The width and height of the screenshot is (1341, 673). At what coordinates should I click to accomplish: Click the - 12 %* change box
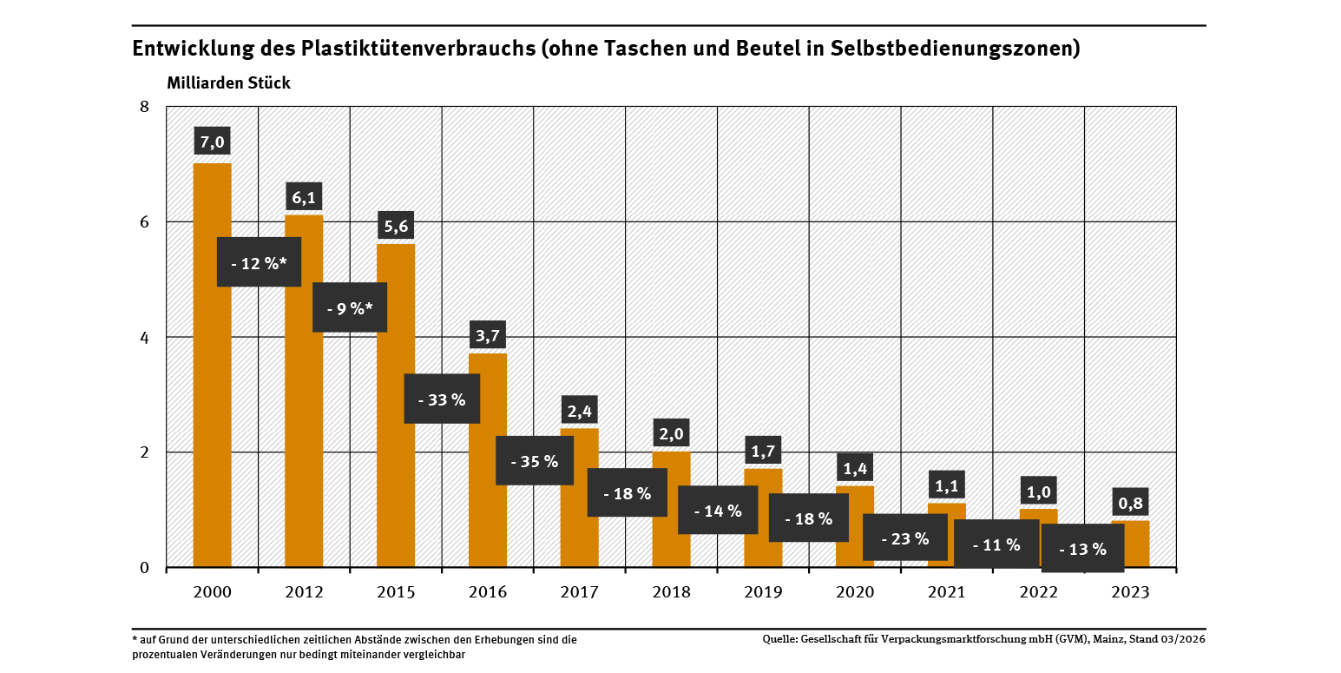[259, 262]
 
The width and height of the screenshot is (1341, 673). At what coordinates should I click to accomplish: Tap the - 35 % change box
[534, 461]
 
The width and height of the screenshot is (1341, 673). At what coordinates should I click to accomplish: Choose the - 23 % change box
[904, 538]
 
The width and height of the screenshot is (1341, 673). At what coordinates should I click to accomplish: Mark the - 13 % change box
[1082, 549]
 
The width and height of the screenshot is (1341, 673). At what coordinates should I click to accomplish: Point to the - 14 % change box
[718, 511]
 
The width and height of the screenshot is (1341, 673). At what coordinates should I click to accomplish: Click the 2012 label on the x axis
[304, 592]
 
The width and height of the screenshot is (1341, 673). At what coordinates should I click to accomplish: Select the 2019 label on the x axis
[763, 592]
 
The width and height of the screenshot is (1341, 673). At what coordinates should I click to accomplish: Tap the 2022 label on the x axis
[1038, 592]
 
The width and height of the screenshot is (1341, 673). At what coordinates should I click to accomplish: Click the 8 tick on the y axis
[145, 107]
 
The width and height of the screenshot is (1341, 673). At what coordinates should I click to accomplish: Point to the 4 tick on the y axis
[145, 337]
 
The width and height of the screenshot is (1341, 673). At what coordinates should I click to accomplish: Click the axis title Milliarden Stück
[222, 83]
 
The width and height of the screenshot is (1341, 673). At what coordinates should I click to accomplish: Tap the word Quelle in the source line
[779, 639]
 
